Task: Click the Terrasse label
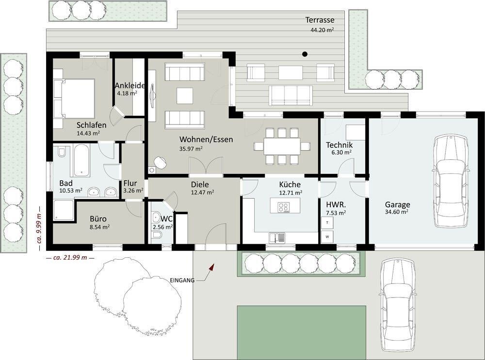(x=320, y=20)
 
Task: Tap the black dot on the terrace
(x=305, y=54)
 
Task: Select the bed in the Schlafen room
(x=74, y=98)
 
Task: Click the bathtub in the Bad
(x=81, y=160)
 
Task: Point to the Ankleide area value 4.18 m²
(x=127, y=93)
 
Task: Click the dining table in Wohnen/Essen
(x=282, y=146)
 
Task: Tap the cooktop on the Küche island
(x=284, y=207)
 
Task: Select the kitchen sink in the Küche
(x=277, y=237)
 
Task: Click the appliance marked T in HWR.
(x=327, y=222)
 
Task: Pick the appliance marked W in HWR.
(x=327, y=237)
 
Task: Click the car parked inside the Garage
(x=451, y=181)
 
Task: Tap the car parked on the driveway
(x=398, y=308)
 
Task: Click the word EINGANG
(x=182, y=281)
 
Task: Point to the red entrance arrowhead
(x=212, y=267)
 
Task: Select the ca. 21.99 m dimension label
(x=70, y=257)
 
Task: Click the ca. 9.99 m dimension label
(x=39, y=229)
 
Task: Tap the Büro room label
(x=98, y=219)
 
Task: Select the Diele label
(x=200, y=185)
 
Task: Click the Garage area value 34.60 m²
(x=397, y=212)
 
